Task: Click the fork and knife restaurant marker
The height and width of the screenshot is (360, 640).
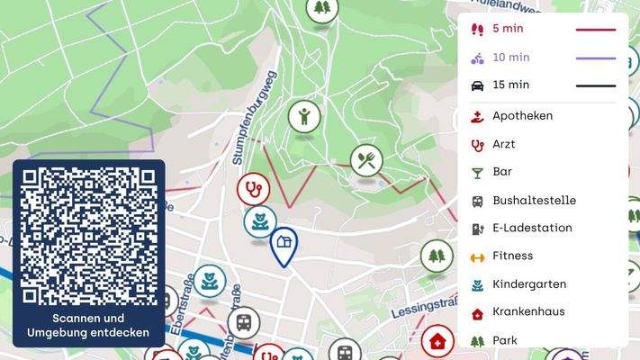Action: point(366,160)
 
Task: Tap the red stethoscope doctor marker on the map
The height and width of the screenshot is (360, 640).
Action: point(253,189)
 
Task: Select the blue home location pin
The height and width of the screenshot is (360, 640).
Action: point(284,243)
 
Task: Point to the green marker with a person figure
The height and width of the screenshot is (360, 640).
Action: point(304,116)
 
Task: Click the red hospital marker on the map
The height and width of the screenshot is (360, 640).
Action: point(437,341)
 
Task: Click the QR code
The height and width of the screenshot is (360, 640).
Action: point(88,236)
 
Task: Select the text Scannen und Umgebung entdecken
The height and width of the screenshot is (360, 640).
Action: point(88,326)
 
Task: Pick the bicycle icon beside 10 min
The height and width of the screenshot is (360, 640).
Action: point(477,58)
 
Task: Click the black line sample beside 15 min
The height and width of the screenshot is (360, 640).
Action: point(595,85)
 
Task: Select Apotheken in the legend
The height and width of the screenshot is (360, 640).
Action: point(522,116)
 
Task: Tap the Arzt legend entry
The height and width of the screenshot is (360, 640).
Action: point(503,144)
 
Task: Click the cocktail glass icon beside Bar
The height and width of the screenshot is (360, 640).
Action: point(477,172)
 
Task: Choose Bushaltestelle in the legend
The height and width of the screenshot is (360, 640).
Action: point(534,200)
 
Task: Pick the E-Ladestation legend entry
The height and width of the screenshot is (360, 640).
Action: point(532,228)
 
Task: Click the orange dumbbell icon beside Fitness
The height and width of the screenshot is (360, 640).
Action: point(477,256)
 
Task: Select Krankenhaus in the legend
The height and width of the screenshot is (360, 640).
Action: point(529,312)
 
